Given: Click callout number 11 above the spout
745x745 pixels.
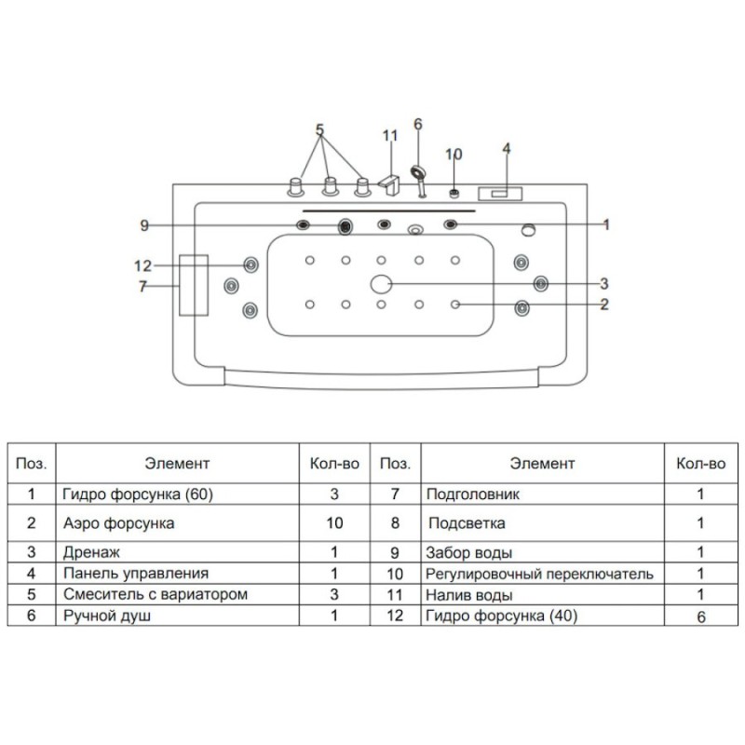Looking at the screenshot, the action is click(x=390, y=136).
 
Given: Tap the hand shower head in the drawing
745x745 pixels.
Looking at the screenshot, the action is click(x=418, y=172).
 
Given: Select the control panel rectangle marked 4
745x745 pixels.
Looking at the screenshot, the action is click(x=500, y=194).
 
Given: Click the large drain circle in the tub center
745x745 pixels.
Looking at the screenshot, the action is click(x=381, y=284).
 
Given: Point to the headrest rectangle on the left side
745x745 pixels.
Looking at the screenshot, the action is click(x=194, y=285).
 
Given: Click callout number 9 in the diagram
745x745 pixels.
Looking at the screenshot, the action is click(x=144, y=225).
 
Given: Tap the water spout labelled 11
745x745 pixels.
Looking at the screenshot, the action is click(x=389, y=185).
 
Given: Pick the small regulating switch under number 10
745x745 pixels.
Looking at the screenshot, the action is click(x=454, y=194).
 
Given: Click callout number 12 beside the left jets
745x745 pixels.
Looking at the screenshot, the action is click(x=143, y=265).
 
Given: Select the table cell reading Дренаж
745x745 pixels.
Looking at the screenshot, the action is click(x=91, y=552).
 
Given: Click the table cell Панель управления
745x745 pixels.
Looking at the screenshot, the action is click(x=136, y=573).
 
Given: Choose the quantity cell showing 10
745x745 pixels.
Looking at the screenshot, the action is click(x=334, y=523).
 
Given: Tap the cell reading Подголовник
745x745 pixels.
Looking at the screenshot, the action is click(x=473, y=494).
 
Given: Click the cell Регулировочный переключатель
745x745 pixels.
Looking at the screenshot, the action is click(x=539, y=574).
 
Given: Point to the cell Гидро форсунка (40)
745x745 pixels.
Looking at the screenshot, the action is click(x=501, y=616).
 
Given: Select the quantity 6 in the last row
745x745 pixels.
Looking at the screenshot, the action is click(x=701, y=616).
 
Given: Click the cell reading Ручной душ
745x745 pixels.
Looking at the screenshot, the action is click(x=107, y=616).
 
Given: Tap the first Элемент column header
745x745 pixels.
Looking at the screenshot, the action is click(x=177, y=463).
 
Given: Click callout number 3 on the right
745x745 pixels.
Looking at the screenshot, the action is click(x=603, y=284).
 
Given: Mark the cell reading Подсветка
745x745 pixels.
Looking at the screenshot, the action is click(x=467, y=523).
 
